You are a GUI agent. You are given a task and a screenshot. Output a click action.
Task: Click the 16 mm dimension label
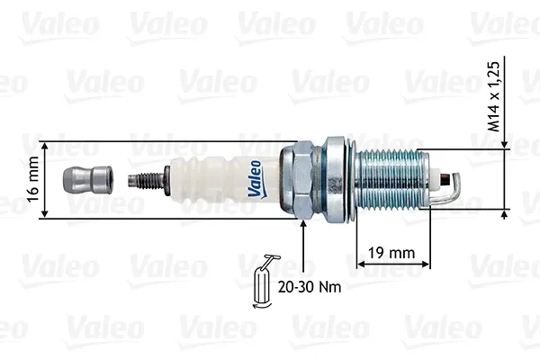click(32, 179)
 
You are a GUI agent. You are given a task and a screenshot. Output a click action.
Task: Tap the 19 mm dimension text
click(391, 253)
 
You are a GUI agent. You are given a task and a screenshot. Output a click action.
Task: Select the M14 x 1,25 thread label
click(493, 96)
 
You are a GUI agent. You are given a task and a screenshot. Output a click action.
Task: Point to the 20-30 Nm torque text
click(310, 286)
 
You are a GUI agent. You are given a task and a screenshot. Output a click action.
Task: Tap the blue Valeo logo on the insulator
click(256, 179)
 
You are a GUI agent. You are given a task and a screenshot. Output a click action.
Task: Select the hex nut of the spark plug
click(298, 180)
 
